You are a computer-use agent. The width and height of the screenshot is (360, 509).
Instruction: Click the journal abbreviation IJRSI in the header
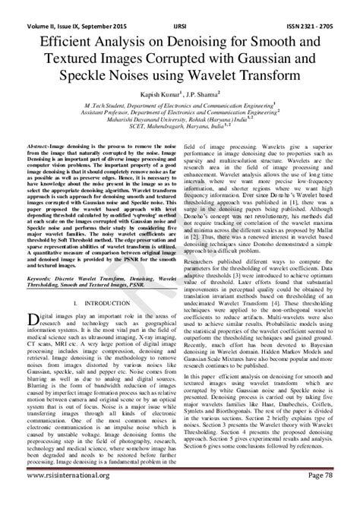point(182,7)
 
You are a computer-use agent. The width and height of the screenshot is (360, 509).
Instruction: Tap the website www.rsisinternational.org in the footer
point(61,497)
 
